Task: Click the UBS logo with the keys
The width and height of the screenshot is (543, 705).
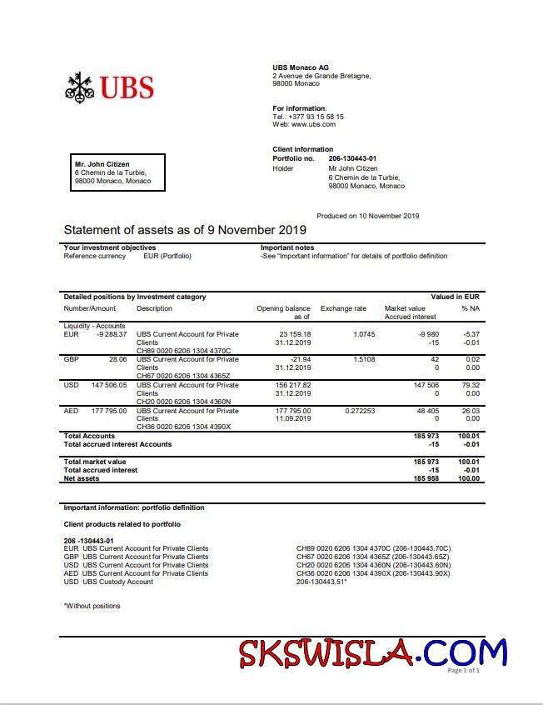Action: (109, 87)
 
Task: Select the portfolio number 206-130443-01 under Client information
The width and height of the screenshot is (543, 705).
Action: (352, 158)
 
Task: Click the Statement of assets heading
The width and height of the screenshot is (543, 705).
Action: (185, 230)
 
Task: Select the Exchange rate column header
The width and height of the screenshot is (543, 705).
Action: (343, 308)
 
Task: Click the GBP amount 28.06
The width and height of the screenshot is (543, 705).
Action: (116, 359)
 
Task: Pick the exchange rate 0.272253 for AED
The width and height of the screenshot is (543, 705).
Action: (359, 411)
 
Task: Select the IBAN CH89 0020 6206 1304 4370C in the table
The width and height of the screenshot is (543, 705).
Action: (183, 351)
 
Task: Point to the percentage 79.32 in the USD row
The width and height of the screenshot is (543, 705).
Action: (471, 385)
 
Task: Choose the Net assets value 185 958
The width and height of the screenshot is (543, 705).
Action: (426, 479)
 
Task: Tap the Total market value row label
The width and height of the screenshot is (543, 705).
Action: (95, 462)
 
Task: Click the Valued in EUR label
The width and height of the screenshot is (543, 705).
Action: (455, 297)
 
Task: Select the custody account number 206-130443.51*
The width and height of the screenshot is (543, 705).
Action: (321, 582)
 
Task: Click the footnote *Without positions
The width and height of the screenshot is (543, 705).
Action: (92, 606)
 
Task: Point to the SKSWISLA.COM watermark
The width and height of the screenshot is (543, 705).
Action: (372, 652)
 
